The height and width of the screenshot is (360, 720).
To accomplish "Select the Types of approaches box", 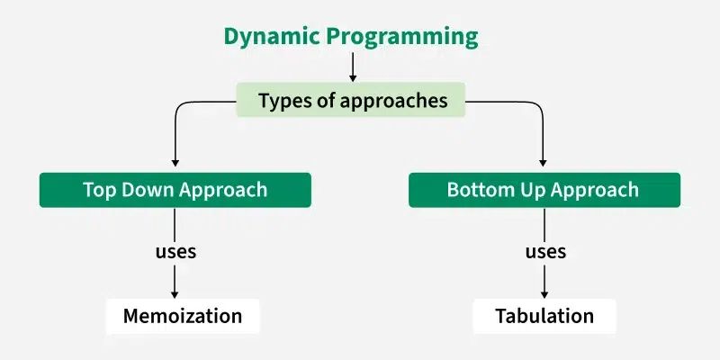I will [x=352, y=101].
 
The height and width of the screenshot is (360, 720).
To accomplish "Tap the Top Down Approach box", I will [x=175, y=190].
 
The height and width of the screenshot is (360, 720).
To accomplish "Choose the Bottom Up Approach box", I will [x=544, y=190].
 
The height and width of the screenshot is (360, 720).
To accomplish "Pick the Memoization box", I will [x=183, y=316].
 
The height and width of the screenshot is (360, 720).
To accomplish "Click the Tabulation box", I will [x=544, y=316].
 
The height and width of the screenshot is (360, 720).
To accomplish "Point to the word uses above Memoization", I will [x=175, y=251].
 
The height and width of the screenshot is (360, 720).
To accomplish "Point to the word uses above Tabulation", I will [x=545, y=251].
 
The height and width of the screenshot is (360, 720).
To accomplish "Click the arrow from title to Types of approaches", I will [x=353, y=67].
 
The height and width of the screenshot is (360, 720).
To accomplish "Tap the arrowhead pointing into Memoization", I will [x=175, y=293].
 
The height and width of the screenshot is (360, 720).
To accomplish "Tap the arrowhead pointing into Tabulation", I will [x=544, y=293].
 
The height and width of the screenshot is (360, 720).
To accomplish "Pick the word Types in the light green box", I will [x=282, y=101].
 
